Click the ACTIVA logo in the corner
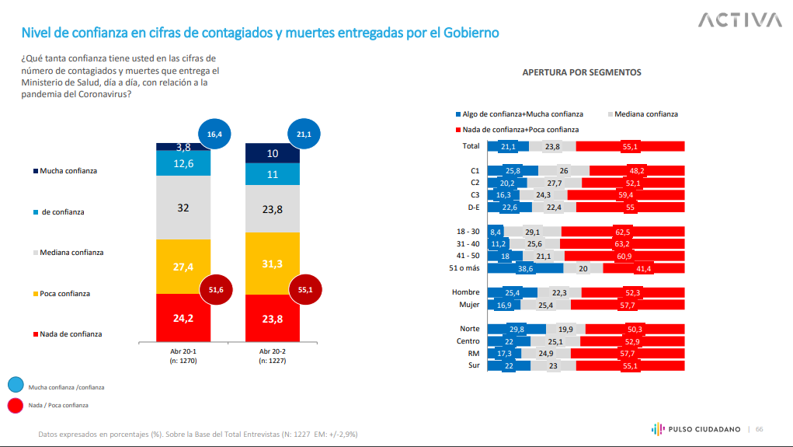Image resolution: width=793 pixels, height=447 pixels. click(739, 19)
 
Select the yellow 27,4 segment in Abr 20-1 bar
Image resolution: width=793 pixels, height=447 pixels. click(183, 266)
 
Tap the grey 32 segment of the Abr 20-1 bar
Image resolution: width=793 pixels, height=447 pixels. click(183, 208)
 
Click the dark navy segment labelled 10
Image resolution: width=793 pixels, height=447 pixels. click(272, 153)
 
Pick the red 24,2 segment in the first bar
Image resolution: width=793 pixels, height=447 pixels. click(183, 317)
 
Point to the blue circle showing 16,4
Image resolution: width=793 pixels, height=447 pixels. click(214, 134)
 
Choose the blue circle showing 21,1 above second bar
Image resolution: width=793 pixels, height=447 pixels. click(303, 134)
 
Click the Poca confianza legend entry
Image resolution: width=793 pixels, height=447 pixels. click(66, 294)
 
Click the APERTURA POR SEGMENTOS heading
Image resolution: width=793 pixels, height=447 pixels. click(582, 72)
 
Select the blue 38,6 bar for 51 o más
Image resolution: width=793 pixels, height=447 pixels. click(525, 268)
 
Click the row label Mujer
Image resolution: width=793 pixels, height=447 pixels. click(469, 305)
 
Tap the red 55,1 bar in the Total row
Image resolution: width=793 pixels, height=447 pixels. click(630, 146)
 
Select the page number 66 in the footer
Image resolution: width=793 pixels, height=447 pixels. click(760, 429)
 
